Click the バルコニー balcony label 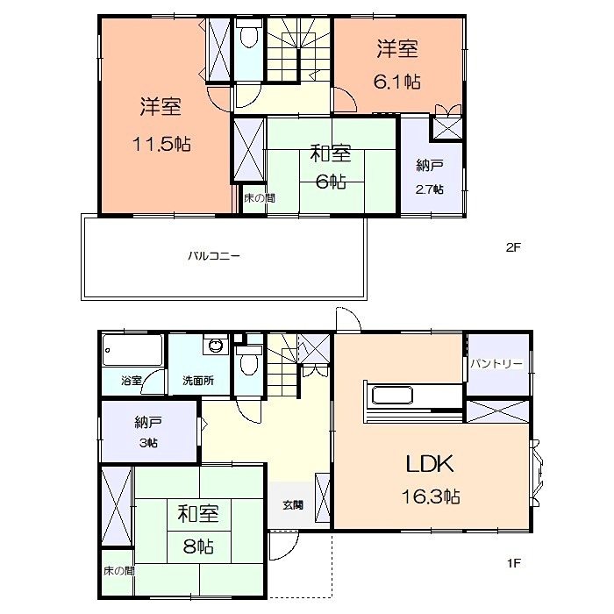(x=214, y=257)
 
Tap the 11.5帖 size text (x=162, y=144)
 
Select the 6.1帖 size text (x=399, y=82)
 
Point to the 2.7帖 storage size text (x=430, y=189)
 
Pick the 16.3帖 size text (x=429, y=496)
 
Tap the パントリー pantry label (x=496, y=363)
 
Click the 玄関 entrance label (x=293, y=504)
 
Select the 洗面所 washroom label (x=197, y=381)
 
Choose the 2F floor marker (x=513, y=247)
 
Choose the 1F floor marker (x=513, y=563)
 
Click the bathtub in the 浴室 (x=132, y=353)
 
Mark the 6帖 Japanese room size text (x=331, y=182)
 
